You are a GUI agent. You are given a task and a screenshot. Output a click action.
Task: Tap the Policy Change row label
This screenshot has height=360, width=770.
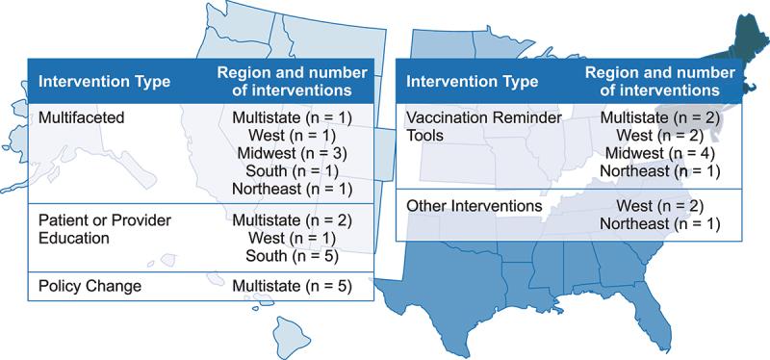84,287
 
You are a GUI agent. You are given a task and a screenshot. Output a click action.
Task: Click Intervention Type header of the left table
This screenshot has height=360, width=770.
104,82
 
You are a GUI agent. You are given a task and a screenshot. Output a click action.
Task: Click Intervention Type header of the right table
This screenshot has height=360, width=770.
472,80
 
